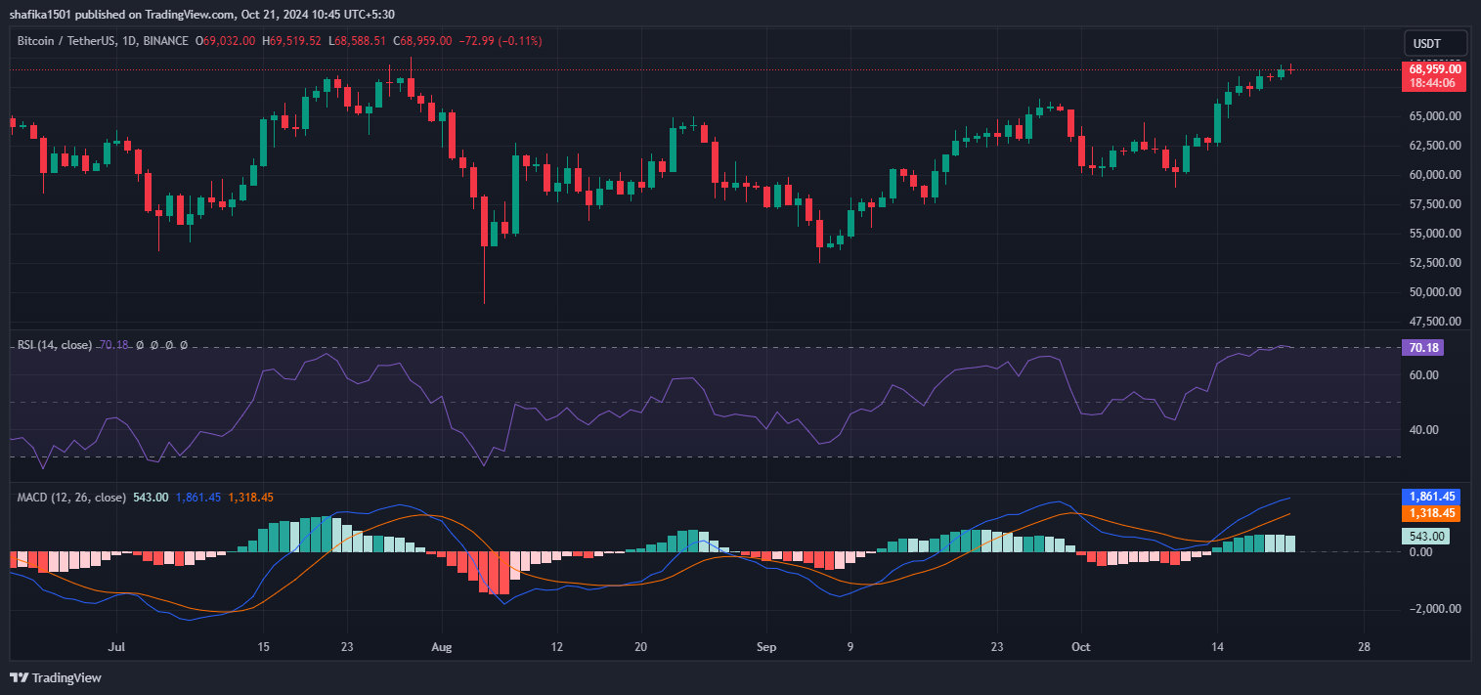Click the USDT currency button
(1435, 44)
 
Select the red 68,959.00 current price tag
(1435, 68)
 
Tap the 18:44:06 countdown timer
(1435, 83)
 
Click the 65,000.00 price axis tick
(1435, 116)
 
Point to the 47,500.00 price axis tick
(1435, 321)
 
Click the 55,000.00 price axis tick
(1435, 234)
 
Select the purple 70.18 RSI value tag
(1422, 347)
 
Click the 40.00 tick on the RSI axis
(1423, 429)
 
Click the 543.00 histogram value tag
(1425, 536)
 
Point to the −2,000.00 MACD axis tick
(1428, 608)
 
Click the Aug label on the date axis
(442, 647)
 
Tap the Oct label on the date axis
(1080, 647)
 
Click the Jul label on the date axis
(116, 647)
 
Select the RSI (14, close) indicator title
(55, 345)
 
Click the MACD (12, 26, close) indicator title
(71, 498)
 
